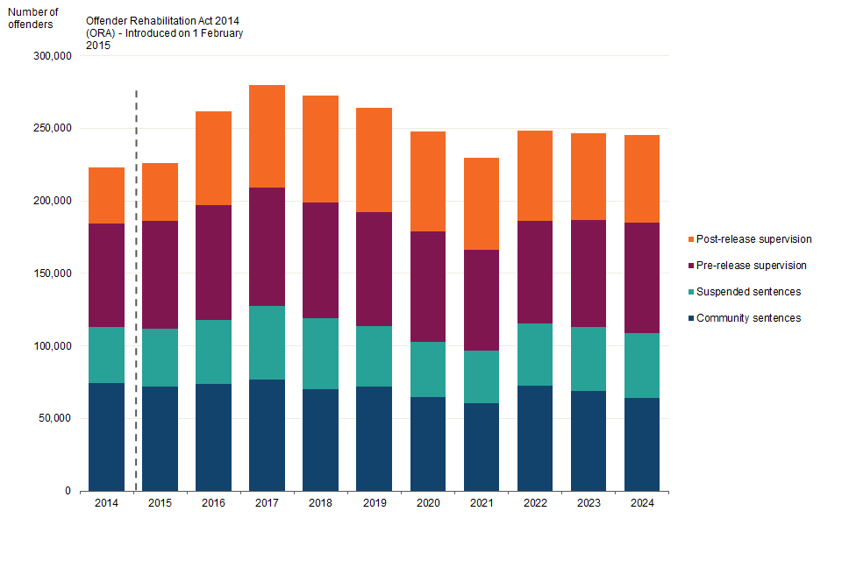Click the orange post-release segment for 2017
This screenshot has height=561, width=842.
coord(267,136)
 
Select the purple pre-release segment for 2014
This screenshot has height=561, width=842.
coord(106,275)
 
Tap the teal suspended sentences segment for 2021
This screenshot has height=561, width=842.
coord(481,377)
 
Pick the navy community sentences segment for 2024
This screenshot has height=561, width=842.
coord(641,444)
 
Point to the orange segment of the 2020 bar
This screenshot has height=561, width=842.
coord(427,181)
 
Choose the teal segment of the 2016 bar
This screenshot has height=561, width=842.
coord(213,352)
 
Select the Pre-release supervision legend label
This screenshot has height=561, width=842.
coord(751,266)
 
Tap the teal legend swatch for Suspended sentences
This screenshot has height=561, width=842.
coord(690,292)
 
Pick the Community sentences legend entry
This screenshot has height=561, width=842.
coord(748,318)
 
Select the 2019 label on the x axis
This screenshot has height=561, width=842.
coord(374,504)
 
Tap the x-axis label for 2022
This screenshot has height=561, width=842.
coord(534,504)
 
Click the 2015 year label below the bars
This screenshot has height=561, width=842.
coord(160,504)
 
